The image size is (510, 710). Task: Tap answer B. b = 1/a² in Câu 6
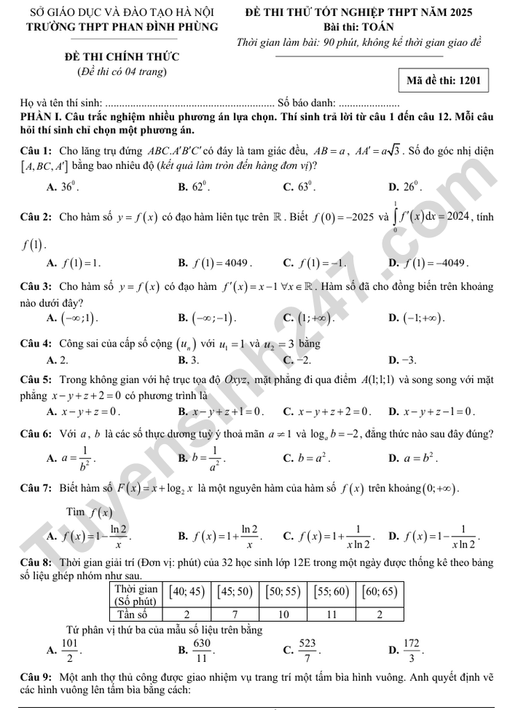click(203, 458)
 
